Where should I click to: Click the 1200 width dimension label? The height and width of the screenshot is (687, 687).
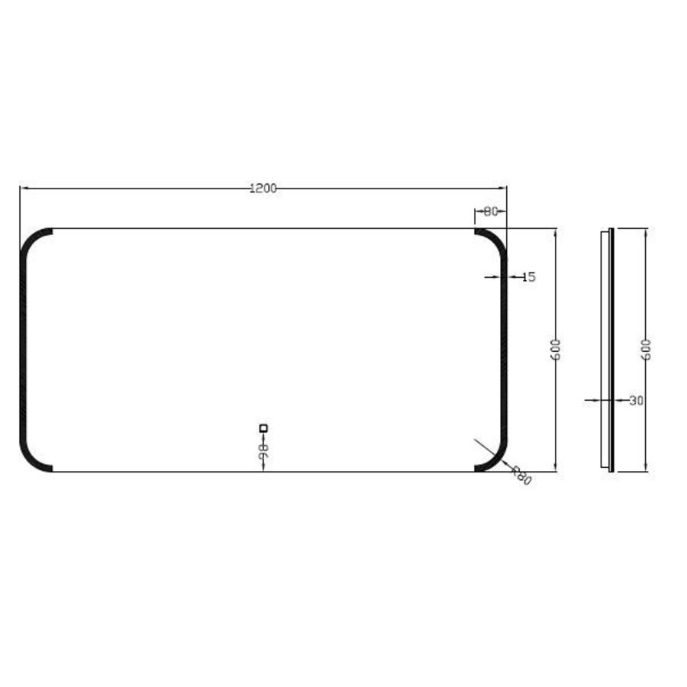(x=263, y=189)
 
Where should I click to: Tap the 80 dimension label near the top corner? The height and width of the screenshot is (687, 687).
(x=490, y=211)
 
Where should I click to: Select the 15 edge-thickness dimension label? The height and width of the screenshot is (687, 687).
(x=528, y=277)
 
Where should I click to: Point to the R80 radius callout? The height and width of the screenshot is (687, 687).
(x=521, y=476)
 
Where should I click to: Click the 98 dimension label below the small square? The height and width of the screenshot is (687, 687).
(x=263, y=450)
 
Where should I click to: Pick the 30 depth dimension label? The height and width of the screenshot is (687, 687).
(x=636, y=399)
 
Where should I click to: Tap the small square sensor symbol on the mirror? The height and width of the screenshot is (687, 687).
(x=263, y=428)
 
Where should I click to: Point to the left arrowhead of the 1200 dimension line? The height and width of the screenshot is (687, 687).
(x=24, y=188)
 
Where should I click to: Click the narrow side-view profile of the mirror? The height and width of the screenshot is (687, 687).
(x=608, y=350)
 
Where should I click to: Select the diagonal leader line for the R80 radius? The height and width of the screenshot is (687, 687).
(x=489, y=450)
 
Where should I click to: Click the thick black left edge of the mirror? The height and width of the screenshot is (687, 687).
(x=23, y=350)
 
